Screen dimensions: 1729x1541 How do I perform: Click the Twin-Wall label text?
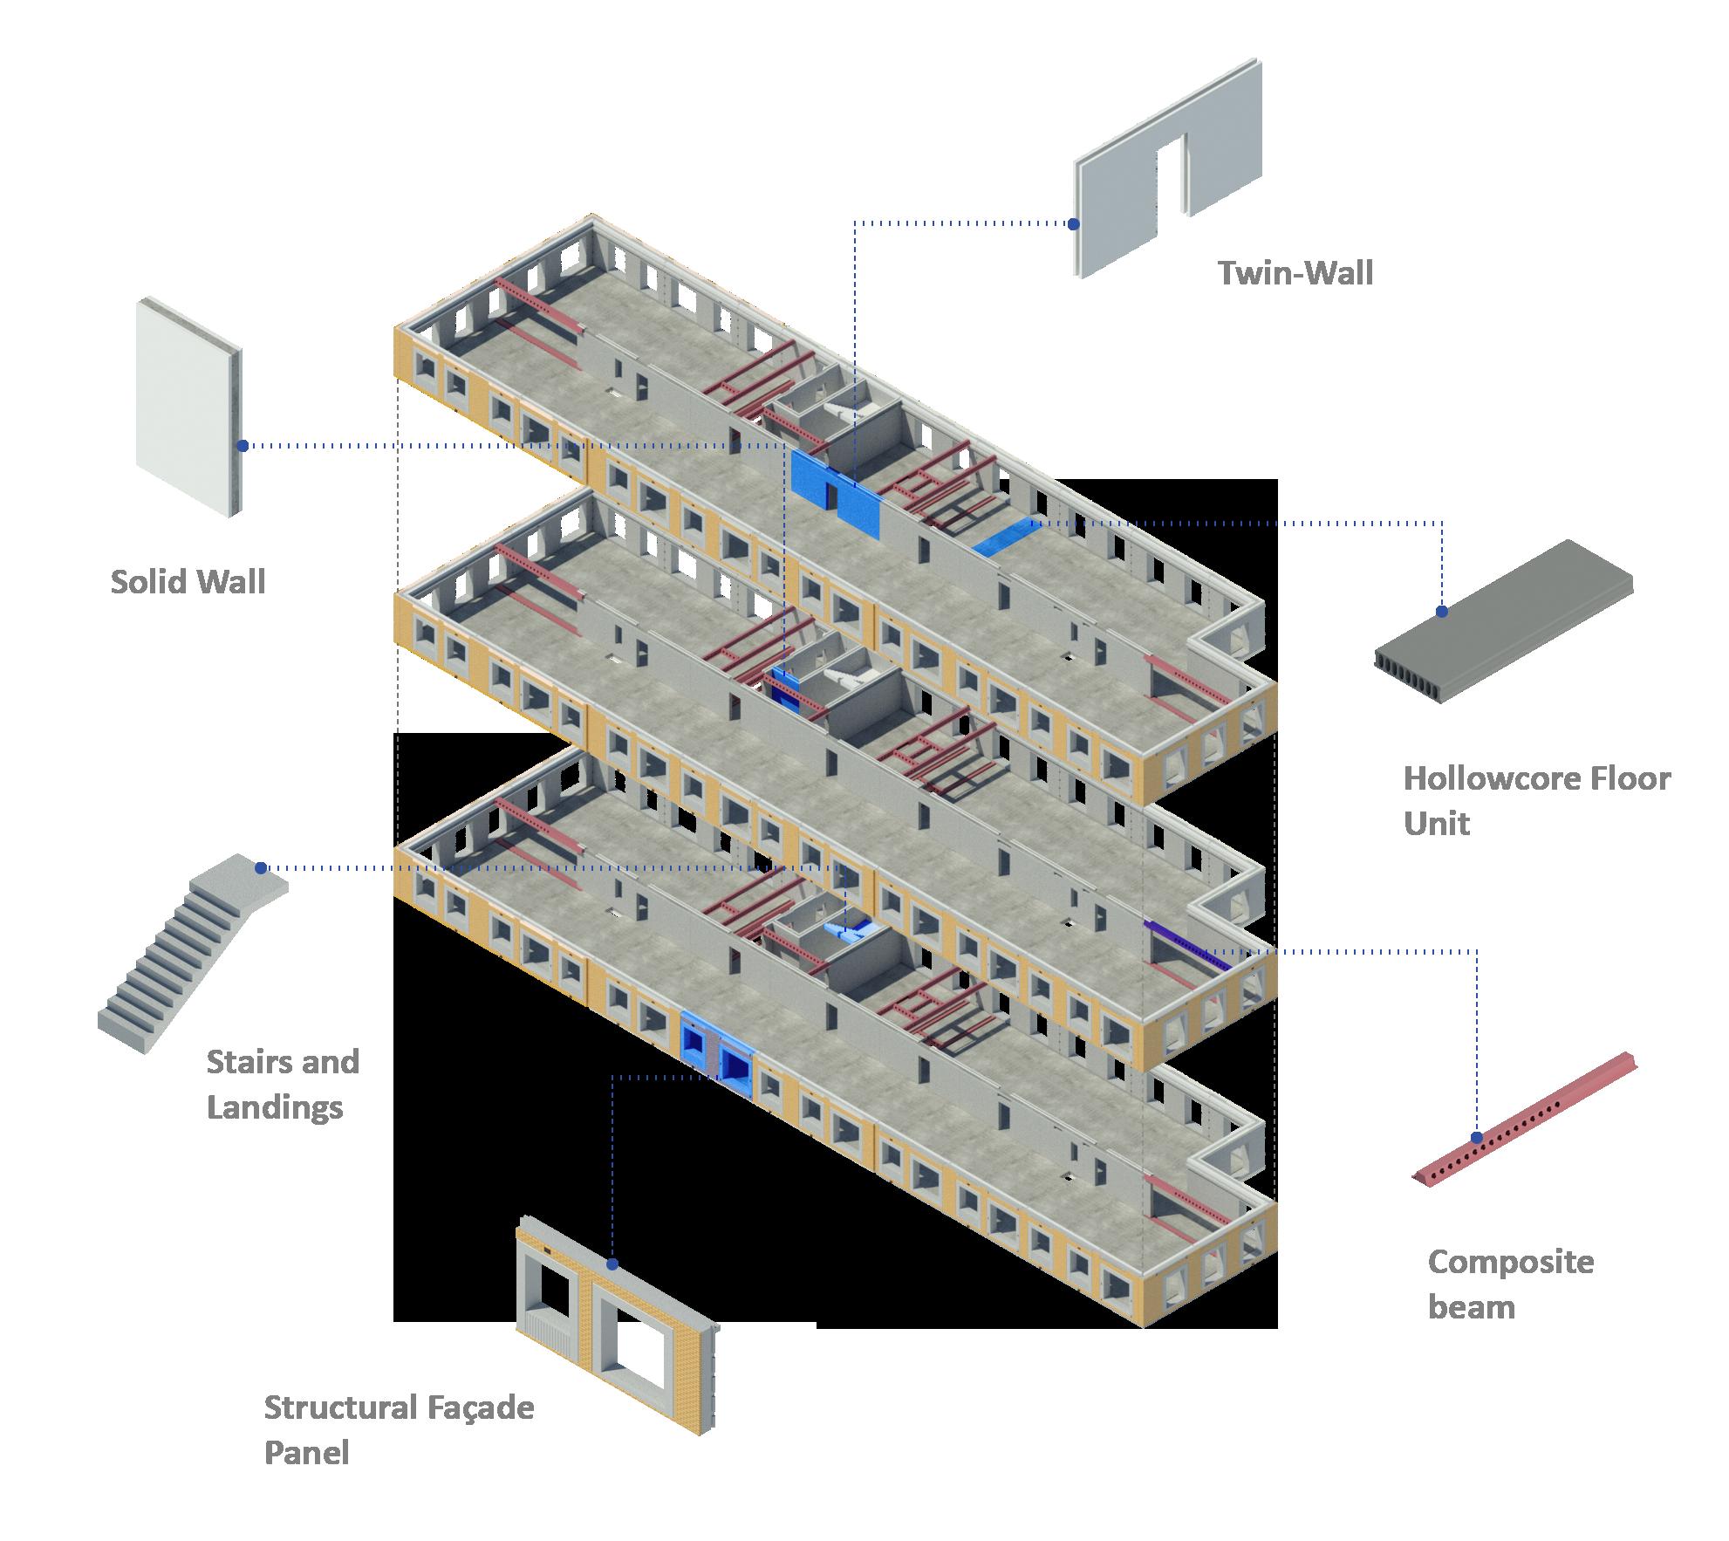point(1295,273)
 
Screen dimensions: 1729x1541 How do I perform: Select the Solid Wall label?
point(188,581)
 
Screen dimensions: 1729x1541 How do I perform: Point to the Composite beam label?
point(1511,1284)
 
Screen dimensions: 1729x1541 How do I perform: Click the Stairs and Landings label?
point(283,1084)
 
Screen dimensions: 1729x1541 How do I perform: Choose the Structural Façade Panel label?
point(399,1430)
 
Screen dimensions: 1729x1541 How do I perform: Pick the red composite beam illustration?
point(1525,1119)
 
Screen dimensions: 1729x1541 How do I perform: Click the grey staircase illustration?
point(193,953)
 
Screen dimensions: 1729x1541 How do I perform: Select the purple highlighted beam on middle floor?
point(1187,946)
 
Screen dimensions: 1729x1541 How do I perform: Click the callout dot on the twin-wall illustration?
point(1073,224)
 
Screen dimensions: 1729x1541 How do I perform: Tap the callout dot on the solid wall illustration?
point(243,446)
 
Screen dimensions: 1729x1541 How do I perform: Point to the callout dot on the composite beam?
point(1476,1138)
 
